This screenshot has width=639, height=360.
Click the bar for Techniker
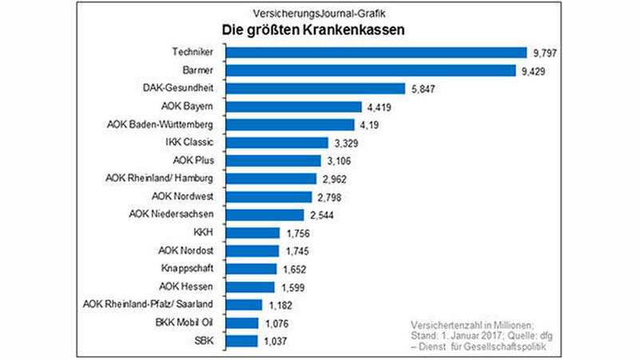[x=376, y=53]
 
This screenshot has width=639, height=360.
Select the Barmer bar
[x=371, y=71]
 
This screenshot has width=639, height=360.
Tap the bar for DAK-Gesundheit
[x=316, y=89]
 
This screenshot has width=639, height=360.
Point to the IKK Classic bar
[x=276, y=143]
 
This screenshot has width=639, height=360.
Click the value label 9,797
[x=546, y=53]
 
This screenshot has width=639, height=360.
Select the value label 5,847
[x=424, y=89]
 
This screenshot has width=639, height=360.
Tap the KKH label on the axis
[x=205, y=233]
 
